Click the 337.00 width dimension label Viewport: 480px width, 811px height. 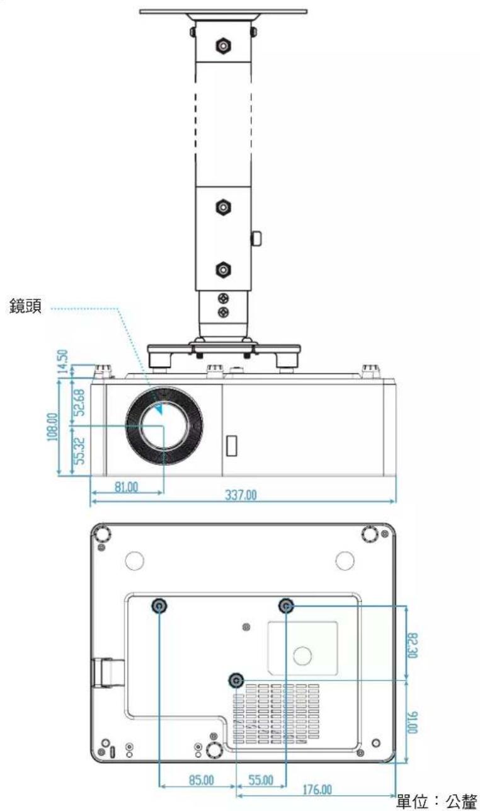click(x=241, y=495)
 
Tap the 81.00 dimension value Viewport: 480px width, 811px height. click(x=127, y=487)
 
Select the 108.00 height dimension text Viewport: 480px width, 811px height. click(x=52, y=427)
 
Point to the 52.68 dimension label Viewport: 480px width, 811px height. click(x=79, y=402)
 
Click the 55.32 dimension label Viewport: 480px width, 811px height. click(x=79, y=451)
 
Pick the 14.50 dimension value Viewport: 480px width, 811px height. click(x=62, y=361)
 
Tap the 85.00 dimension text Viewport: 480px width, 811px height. click(x=202, y=779)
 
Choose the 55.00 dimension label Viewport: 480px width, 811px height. click(x=261, y=779)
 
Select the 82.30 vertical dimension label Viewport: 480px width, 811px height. click(x=413, y=645)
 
